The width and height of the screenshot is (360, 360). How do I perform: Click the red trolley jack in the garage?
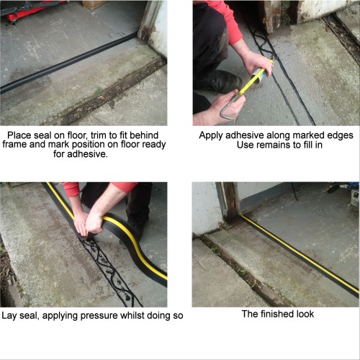pyautogui.click(x=29, y=9)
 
